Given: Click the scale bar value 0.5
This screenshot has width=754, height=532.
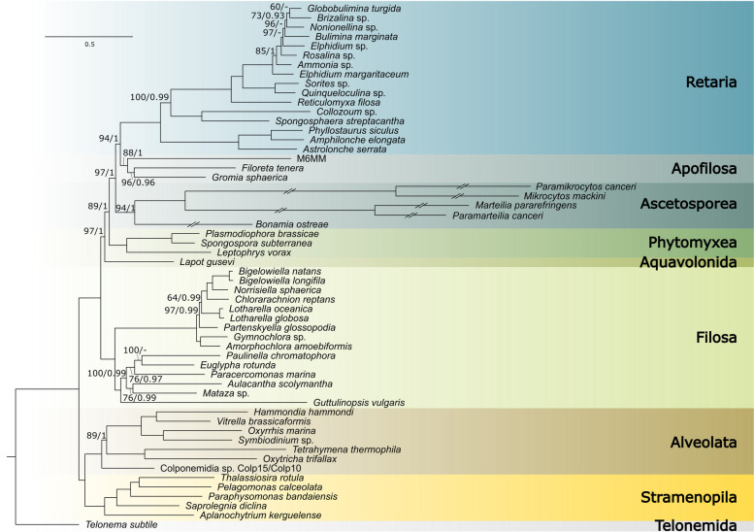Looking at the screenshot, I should [x=88, y=45].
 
